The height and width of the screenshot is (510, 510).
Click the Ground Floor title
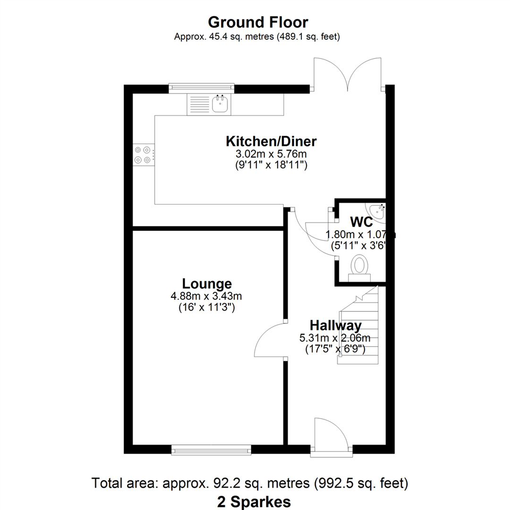(258, 23)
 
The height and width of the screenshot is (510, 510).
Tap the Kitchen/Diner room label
(271, 141)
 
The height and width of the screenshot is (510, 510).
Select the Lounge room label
(207, 284)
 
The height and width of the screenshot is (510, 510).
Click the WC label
(361, 222)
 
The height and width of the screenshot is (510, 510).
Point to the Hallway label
(335, 325)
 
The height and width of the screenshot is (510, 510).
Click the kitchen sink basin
(220, 104)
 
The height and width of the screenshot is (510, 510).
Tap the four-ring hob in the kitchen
(143, 155)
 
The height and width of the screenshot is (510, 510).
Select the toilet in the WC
(359, 268)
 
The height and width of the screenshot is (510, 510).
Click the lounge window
(212, 450)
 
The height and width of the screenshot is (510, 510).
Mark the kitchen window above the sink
(202, 87)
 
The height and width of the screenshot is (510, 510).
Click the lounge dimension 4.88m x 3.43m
(206, 296)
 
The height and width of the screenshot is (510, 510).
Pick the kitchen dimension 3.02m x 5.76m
(271, 153)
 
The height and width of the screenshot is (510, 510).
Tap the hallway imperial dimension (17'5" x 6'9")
(335, 349)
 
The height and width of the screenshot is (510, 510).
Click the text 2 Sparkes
(254, 502)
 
